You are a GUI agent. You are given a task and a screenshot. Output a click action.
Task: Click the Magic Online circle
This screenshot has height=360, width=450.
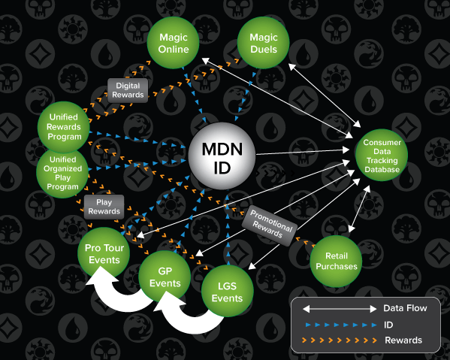point(173,43)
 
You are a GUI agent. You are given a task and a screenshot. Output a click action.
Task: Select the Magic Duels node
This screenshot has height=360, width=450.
point(263,43)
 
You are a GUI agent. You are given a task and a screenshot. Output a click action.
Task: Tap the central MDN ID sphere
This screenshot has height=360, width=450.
point(222,156)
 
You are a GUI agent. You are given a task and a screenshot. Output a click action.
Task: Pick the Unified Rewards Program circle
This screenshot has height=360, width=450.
point(63,127)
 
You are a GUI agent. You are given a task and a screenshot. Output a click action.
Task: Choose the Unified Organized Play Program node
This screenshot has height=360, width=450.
point(62,173)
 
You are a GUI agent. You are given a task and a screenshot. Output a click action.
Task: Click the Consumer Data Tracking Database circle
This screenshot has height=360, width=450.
point(382,156)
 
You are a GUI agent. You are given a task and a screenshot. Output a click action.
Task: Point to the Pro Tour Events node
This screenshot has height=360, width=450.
point(104,253)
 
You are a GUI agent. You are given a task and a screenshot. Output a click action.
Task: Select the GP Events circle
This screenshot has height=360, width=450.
point(165,277)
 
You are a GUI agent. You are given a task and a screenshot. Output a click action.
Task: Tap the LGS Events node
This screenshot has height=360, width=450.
point(228,291)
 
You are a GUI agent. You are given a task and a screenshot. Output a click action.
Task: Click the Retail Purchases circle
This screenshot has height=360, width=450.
point(336,262)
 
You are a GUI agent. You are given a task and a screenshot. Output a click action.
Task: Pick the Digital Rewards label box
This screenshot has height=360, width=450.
point(128,90)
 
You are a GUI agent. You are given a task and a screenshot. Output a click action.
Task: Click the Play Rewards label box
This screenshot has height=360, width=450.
point(104,207)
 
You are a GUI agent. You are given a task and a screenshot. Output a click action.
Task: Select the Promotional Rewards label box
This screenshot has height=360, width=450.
point(270,225)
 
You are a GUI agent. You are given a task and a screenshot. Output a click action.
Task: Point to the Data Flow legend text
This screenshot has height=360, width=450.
point(405,308)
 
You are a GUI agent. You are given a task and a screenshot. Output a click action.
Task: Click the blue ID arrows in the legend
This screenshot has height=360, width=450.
point(341,325)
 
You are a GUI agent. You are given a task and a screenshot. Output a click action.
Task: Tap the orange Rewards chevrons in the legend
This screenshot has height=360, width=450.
point(340,340)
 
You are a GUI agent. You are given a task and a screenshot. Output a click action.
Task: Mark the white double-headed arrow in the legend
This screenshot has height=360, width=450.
point(340,309)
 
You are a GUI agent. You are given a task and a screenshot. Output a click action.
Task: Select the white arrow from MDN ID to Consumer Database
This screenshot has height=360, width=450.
point(303,152)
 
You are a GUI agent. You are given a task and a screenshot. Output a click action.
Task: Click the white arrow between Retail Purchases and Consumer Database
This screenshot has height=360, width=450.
point(359,209)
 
